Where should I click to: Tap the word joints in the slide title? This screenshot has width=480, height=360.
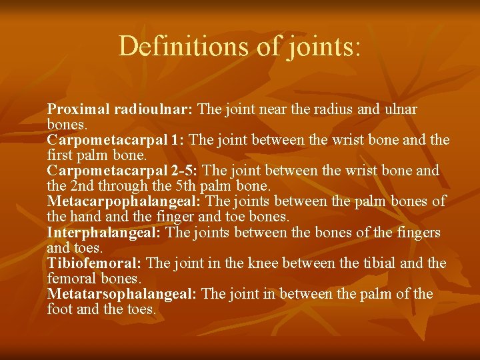coord(320,46)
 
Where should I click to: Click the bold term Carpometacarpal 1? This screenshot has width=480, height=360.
coord(116,140)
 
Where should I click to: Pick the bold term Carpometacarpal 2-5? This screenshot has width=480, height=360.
coord(122,171)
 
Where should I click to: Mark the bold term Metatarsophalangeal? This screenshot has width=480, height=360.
coord(121,294)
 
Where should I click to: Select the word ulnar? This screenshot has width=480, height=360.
coord(401,109)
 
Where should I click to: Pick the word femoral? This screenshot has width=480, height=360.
coord(71,278)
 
